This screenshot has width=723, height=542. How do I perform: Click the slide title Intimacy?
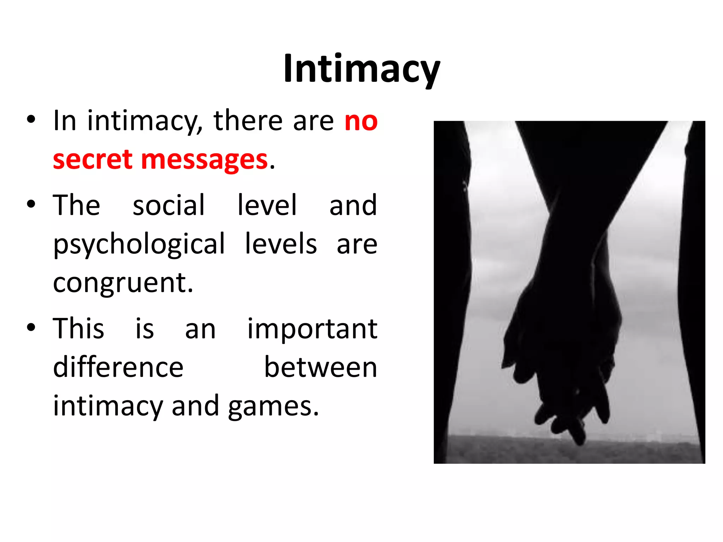(361, 69)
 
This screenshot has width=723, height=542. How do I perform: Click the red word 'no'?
(361, 121)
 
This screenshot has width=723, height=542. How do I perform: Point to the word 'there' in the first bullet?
(248, 121)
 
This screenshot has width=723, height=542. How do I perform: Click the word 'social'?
(168, 205)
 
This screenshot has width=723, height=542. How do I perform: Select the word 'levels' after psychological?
(281, 244)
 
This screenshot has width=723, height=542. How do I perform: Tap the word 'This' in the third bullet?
(78, 329)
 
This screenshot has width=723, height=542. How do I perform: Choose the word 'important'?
(312, 329)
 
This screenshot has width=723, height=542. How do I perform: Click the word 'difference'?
(118, 368)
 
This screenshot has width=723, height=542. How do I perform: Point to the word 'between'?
(321, 368)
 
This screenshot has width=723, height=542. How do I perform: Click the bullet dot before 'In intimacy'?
(31, 119)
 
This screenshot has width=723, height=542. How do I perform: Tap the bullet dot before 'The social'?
(31, 204)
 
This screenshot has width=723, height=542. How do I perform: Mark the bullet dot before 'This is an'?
(31, 327)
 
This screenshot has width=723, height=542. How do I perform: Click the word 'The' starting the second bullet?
(77, 205)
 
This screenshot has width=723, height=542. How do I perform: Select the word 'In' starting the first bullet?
(65, 121)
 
